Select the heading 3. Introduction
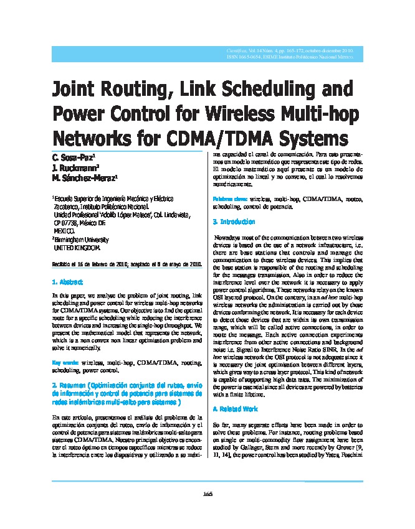234,222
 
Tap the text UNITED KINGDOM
77,247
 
